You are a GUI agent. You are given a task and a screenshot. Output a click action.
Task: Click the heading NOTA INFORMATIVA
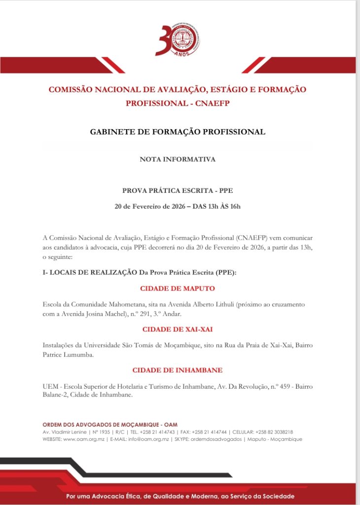click(x=178, y=159)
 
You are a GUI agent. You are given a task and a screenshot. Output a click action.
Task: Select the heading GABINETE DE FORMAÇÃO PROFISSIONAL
click(x=178, y=132)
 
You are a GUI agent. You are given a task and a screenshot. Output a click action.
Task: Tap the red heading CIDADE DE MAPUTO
click(x=178, y=289)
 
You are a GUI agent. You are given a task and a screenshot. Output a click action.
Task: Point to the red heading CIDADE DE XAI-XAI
click(x=178, y=329)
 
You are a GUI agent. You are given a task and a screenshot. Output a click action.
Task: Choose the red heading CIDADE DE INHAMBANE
click(x=178, y=370)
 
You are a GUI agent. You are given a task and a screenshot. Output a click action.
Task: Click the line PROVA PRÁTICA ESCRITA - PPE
click(x=178, y=190)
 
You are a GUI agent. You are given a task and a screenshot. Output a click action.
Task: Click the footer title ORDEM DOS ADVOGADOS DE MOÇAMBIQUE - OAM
click(x=110, y=425)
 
